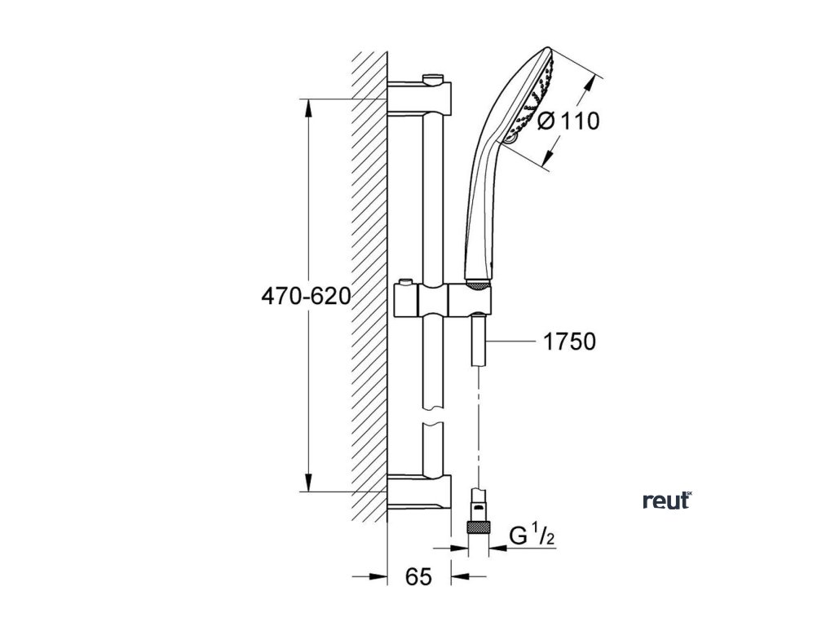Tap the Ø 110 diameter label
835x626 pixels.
click(569, 121)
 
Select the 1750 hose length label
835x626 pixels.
click(569, 341)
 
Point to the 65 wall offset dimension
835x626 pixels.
click(418, 577)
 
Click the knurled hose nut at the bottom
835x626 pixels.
click(478, 527)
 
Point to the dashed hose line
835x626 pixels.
click(477, 424)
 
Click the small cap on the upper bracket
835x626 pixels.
click(434, 77)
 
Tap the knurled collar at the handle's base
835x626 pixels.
click(479, 284)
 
